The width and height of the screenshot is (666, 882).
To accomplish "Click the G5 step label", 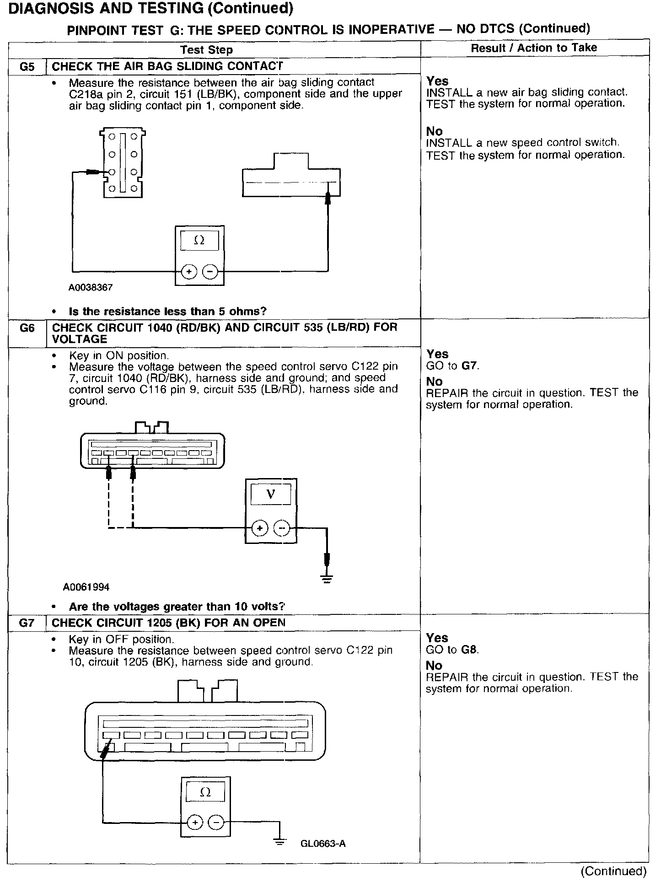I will coord(27,67).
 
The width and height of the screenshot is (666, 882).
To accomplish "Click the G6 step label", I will coord(27,328).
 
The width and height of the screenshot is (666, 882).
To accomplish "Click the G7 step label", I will coord(27,623).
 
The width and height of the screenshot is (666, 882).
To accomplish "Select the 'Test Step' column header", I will coord(206,50).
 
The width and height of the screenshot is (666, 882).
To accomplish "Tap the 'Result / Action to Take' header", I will coord(534,48).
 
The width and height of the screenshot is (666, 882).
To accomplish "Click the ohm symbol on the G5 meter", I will coord(199,240).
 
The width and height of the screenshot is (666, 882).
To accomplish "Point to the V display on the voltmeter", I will coord(271,494).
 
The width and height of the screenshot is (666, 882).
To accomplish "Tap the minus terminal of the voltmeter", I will coord(281,529).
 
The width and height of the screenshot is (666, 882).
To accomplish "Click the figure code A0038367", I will coord(91,288).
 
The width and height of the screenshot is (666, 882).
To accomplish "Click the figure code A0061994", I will coord(86,587).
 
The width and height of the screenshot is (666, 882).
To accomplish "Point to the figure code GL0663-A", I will coord(323,844).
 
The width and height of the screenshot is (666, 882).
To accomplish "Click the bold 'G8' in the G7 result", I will coord(469,650).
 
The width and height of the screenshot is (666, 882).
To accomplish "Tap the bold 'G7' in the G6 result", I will coord(469,366).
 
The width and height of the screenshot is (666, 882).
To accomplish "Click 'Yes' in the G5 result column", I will coord(437,81).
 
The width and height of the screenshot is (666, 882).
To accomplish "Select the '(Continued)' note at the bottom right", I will coord(613,871).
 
